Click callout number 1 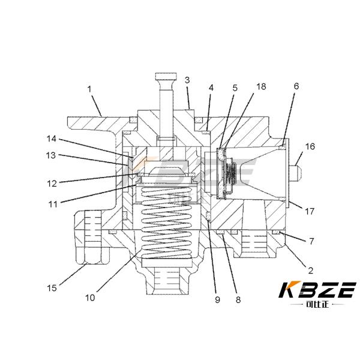coord(89,89)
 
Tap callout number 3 coord(187,80)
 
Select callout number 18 coord(261,86)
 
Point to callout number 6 coord(296,86)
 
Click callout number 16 coord(310,146)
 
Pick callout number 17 coord(309,211)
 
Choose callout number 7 coord(311,241)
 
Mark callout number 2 coord(310,271)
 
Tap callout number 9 coord(217,299)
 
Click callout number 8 coord(238,299)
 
